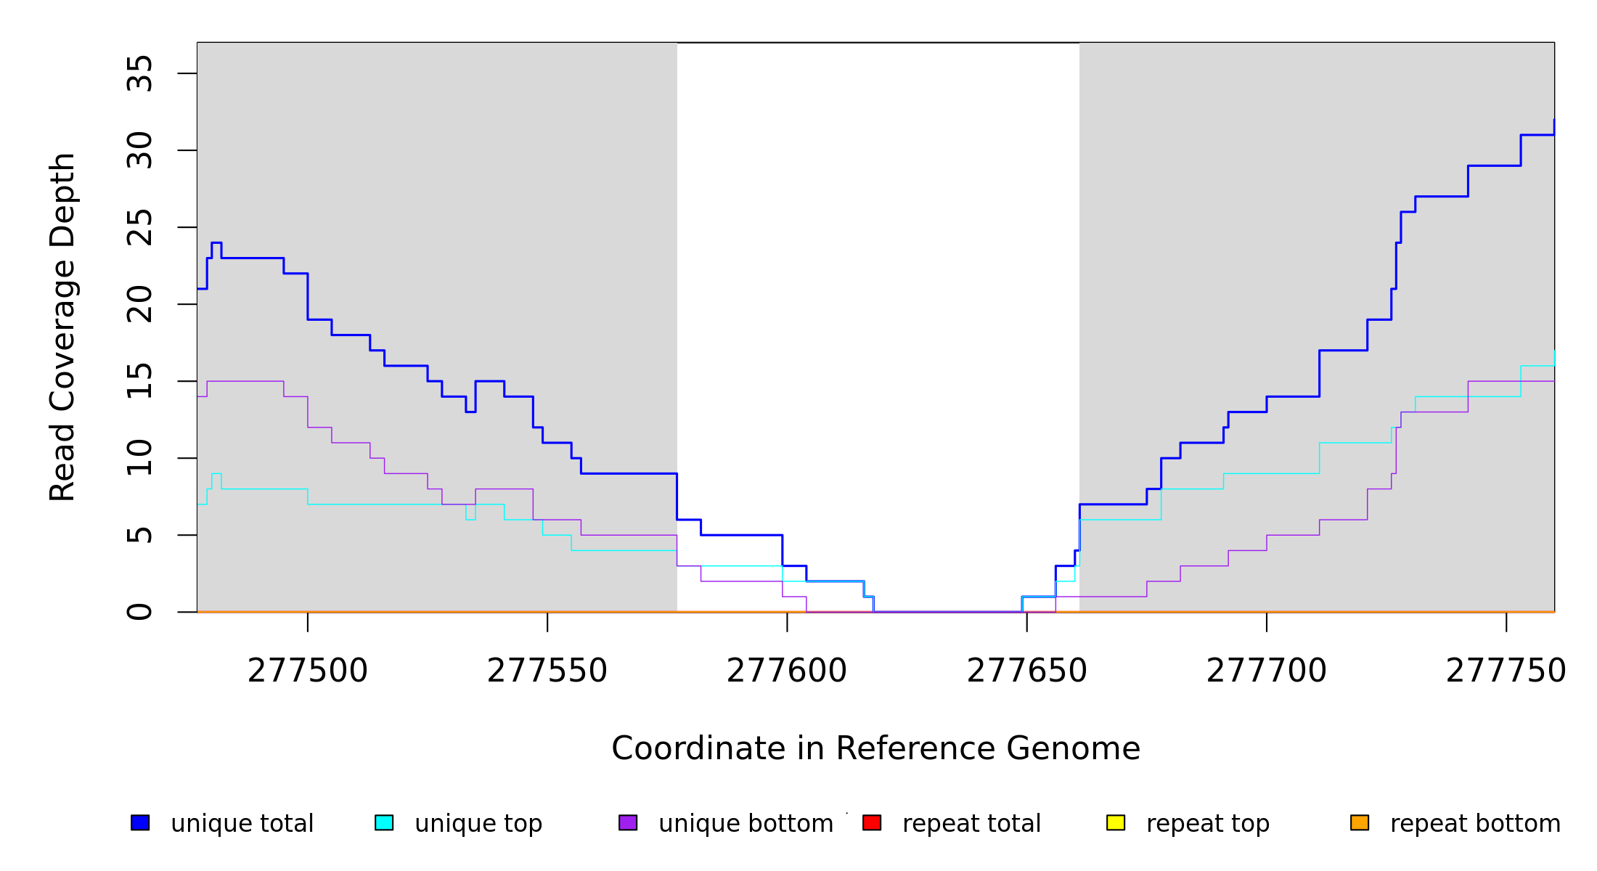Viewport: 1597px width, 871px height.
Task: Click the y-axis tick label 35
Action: tap(140, 73)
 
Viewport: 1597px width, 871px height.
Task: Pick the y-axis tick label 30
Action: tap(140, 150)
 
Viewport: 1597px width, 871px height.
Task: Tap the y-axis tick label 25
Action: tap(140, 227)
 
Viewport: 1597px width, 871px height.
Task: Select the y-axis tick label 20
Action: tap(140, 304)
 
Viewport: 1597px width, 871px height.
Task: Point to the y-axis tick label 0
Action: tap(140, 612)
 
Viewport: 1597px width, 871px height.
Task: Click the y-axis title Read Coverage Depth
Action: tap(62, 327)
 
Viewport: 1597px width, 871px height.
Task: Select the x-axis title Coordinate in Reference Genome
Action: tap(875, 749)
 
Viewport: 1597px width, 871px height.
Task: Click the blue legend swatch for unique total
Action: tap(140, 822)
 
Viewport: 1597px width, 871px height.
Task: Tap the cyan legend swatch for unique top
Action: tap(384, 822)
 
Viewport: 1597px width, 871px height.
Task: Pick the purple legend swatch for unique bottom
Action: tap(628, 822)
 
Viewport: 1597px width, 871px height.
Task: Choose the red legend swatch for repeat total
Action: tap(872, 822)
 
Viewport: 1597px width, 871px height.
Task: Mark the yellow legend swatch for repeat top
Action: tap(1116, 822)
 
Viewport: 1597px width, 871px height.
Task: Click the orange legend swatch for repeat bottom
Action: tap(1360, 822)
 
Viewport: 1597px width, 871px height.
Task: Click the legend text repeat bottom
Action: tap(1475, 824)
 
